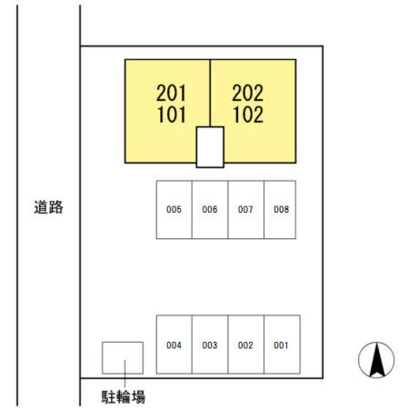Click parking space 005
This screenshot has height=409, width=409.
pyautogui.click(x=174, y=210)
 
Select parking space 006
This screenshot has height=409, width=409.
pyautogui.click(x=210, y=210)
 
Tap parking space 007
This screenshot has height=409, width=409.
pyautogui.click(x=246, y=210)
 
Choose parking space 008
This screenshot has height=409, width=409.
pyautogui.click(x=280, y=210)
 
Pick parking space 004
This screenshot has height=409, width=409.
pyautogui.click(x=174, y=344)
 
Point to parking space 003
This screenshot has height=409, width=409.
pyautogui.click(x=210, y=344)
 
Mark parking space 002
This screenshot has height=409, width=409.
pyautogui.click(x=246, y=344)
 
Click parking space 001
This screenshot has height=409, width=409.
pyautogui.click(x=282, y=344)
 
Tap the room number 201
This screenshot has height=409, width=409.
pyautogui.click(x=171, y=93)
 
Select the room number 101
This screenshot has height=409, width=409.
pyautogui.click(x=172, y=115)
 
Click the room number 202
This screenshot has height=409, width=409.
pyautogui.click(x=248, y=93)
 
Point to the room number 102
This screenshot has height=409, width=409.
pyautogui.click(x=248, y=115)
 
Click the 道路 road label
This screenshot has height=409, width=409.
pyautogui.click(x=48, y=207)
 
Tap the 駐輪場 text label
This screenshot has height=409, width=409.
pyautogui.click(x=124, y=396)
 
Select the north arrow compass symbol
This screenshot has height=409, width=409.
pyautogui.click(x=376, y=360)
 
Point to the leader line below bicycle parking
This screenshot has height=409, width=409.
pyautogui.click(x=125, y=374)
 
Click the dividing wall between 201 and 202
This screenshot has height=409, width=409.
pyautogui.click(x=210, y=93)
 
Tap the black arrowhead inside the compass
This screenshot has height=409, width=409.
pyautogui.click(x=376, y=360)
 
